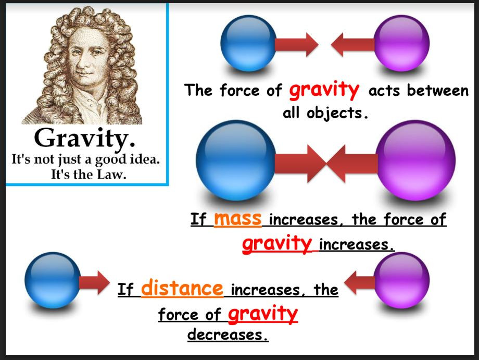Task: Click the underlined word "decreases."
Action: click(x=228, y=334)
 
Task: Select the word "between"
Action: click(x=438, y=91)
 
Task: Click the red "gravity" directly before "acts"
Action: click(x=324, y=90)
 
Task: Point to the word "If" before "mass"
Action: click(x=199, y=220)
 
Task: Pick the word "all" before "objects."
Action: click(x=293, y=113)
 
